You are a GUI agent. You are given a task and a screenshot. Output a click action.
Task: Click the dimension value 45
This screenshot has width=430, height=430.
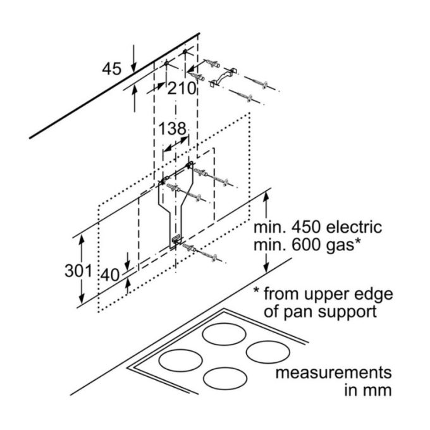pos(111,69)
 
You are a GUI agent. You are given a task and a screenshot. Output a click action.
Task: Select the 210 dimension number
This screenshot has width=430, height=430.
pos(182,89)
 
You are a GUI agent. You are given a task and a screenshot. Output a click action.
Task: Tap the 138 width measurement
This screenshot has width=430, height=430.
pos(172,129)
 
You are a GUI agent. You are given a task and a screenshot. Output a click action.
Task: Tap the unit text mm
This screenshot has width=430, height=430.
pos(378,390)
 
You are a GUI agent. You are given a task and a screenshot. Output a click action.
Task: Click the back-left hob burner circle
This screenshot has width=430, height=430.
pos(224,333)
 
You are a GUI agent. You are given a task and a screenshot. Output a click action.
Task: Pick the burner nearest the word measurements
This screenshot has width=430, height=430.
pos(267,352)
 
